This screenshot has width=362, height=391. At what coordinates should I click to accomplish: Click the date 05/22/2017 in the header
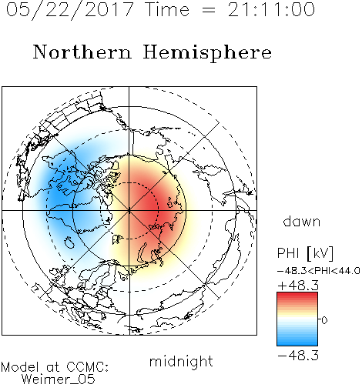(70, 10)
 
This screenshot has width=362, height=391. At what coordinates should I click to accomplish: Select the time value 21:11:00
(271, 9)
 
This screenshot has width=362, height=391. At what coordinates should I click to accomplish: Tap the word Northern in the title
(82, 52)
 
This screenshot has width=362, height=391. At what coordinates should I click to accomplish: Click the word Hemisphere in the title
(207, 53)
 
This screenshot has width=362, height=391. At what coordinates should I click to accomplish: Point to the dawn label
(302, 221)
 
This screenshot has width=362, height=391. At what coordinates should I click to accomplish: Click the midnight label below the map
(181, 362)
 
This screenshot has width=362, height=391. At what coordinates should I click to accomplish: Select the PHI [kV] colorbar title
(305, 253)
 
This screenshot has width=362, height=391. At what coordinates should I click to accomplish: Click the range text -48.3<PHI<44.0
(319, 271)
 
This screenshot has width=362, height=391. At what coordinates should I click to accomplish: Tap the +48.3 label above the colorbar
(298, 286)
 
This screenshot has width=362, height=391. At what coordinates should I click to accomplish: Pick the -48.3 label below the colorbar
(298, 356)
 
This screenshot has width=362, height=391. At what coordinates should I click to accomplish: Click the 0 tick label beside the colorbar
(324, 320)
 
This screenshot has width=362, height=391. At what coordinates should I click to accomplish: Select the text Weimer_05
(58, 379)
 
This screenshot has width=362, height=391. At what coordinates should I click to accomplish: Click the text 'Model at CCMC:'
(55, 367)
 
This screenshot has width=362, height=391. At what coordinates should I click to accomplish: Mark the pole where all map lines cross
(129, 210)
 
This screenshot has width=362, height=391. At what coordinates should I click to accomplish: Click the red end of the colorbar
(297, 295)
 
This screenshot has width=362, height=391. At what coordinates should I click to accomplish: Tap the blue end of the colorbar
(297, 343)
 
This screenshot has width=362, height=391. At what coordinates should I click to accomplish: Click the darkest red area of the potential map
(152, 208)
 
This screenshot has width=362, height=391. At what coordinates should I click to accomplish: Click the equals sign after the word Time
(209, 10)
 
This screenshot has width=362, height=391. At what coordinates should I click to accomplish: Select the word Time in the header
(167, 9)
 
